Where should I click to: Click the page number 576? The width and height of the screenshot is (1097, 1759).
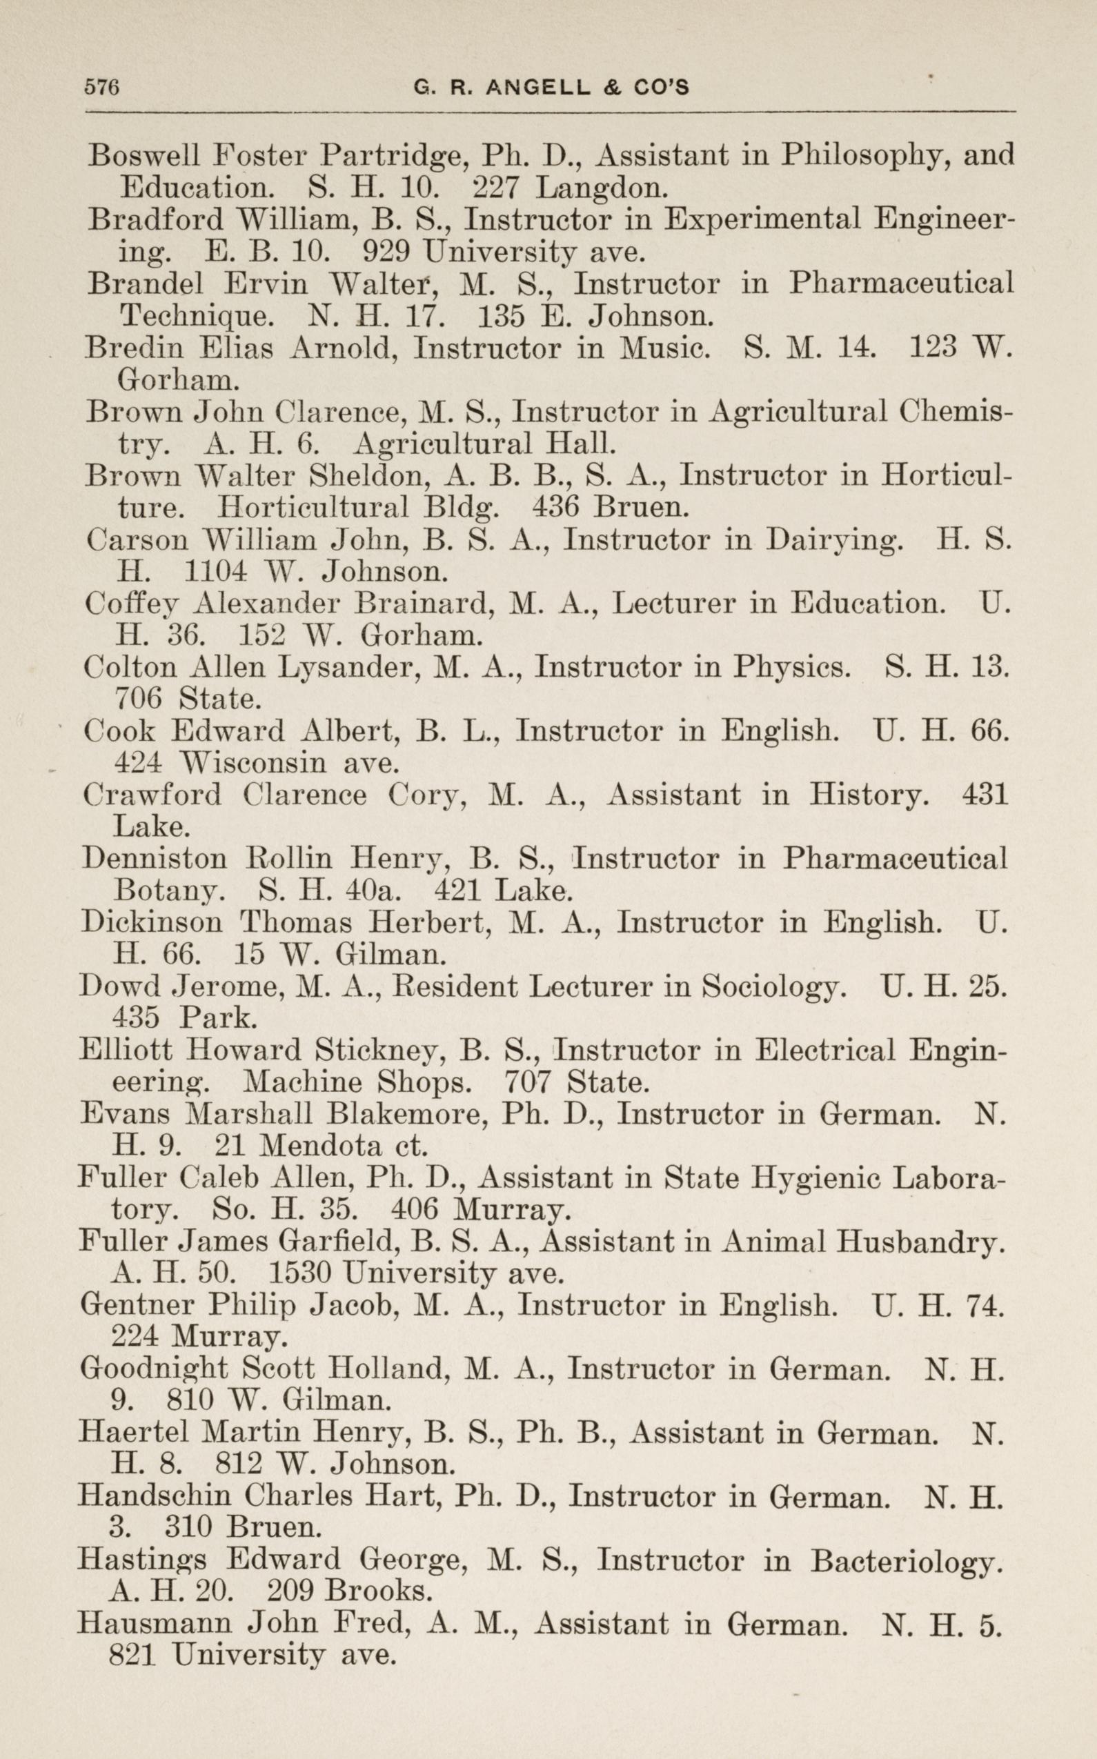coord(101,88)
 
